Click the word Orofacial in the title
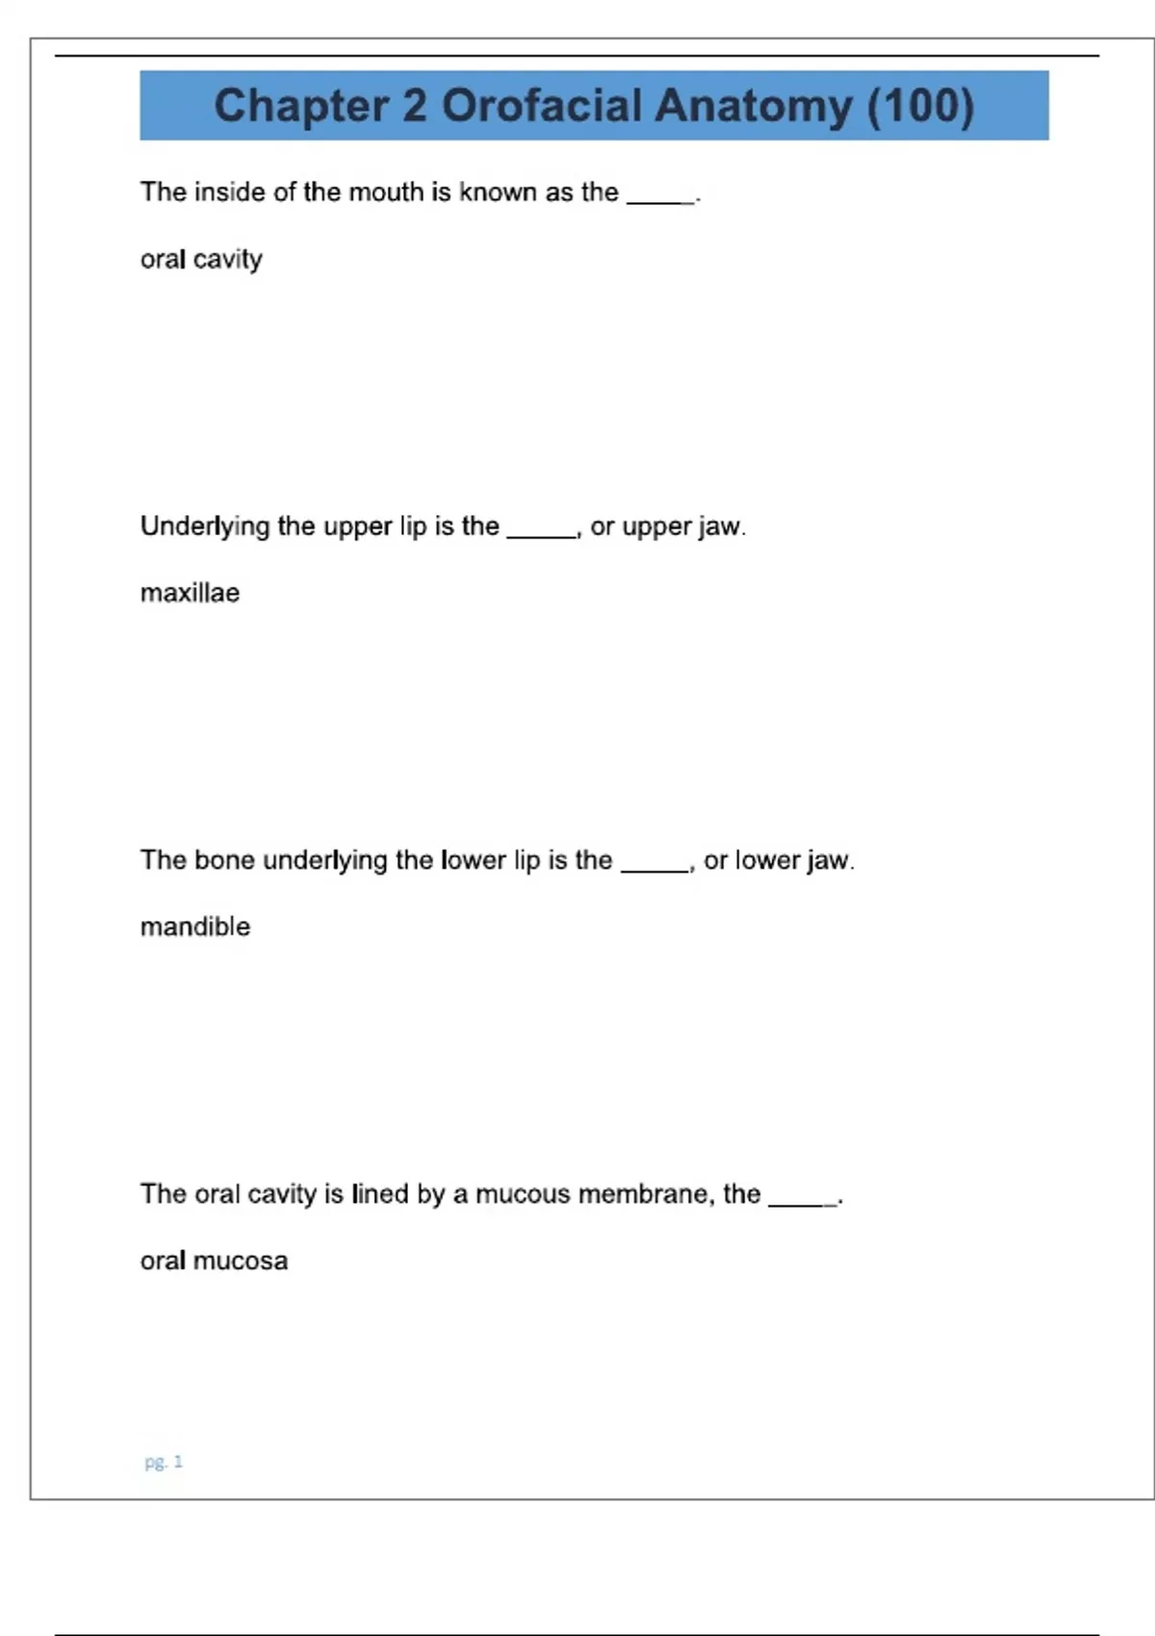click(x=541, y=105)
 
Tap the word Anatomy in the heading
click(x=754, y=107)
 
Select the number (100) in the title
click(x=920, y=106)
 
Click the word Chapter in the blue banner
click(x=300, y=106)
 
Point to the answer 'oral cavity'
click(x=201, y=260)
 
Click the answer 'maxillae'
click(x=190, y=593)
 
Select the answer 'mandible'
click(x=195, y=927)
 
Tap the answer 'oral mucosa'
click(x=214, y=1261)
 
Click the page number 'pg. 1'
click(x=164, y=1462)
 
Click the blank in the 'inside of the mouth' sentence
click(x=660, y=198)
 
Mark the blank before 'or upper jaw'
click(x=541, y=532)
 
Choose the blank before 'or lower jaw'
click(x=654, y=866)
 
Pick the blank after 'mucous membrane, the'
click(x=803, y=1200)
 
